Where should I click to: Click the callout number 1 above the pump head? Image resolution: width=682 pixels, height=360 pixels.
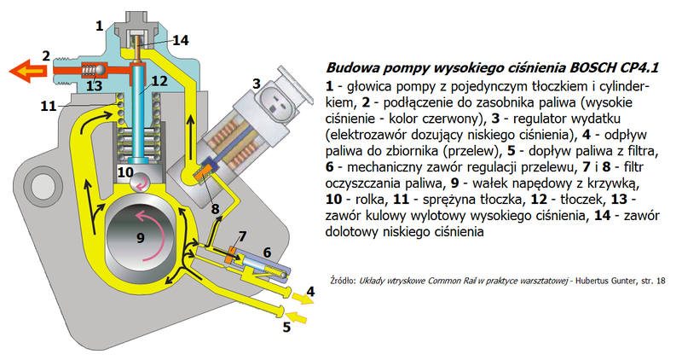(100, 26)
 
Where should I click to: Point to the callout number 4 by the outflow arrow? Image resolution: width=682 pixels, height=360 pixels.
(310, 291)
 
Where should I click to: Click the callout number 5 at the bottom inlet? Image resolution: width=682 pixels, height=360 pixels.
(286, 325)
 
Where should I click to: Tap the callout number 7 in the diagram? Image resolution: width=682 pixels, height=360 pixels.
(243, 235)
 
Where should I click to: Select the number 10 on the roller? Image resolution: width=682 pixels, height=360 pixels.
(125, 171)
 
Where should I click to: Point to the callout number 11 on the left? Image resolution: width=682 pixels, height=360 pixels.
(49, 107)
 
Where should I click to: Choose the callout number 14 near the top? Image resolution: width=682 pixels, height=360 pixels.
(181, 39)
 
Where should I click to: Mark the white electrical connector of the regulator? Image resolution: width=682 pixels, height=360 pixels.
(277, 95)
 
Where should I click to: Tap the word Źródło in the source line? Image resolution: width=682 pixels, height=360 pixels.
(346, 279)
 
